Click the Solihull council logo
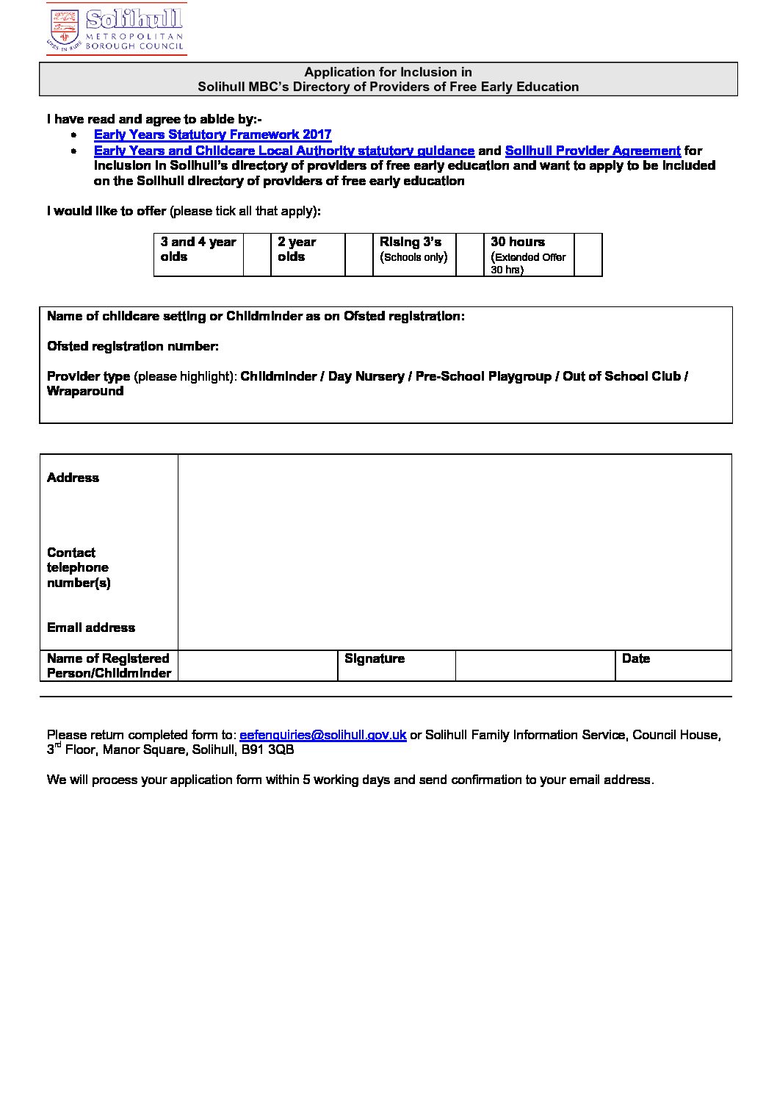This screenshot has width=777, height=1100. click(x=116, y=29)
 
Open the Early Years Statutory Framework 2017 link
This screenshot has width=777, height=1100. click(x=212, y=135)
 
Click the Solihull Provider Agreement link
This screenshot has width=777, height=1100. click(x=593, y=151)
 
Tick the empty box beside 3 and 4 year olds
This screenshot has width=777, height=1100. click(x=257, y=255)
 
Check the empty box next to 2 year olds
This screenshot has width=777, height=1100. click(x=358, y=255)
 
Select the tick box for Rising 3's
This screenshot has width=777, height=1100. click(x=470, y=255)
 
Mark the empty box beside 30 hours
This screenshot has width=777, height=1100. click(x=588, y=255)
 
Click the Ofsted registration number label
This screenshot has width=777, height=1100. click(x=132, y=346)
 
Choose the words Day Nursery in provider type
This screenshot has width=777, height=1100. click(x=366, y=376)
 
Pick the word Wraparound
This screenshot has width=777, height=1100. click(x=85, y=392)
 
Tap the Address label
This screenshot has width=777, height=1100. click(x=73, y=478)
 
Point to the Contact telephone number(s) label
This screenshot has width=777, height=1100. click(x=78, y=568)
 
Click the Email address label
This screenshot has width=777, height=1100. click(x=91, y=628)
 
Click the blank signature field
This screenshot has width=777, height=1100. click(x=534, y=666)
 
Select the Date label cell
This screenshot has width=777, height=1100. click(x=636, y=659)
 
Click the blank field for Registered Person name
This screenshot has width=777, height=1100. click(x=257, y=666)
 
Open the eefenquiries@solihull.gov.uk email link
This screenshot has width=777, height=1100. click(x=322, y=735)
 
